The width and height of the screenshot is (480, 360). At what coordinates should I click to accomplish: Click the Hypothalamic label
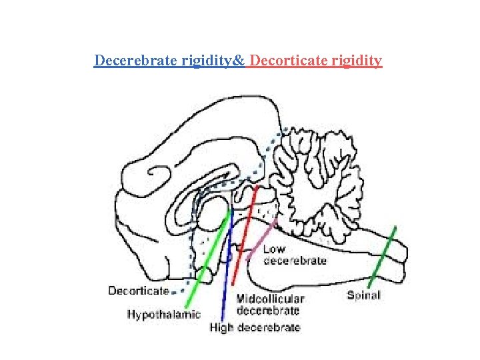164,314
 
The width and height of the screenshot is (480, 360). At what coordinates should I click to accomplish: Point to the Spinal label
363,295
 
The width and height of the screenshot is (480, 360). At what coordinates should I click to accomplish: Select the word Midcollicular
271,299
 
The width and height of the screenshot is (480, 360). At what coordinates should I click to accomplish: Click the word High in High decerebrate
222,327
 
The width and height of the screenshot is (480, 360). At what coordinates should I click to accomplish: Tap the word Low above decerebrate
274,250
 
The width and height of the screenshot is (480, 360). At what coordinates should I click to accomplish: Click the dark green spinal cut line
384,257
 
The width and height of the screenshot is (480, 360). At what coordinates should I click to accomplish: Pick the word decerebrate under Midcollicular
268,310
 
